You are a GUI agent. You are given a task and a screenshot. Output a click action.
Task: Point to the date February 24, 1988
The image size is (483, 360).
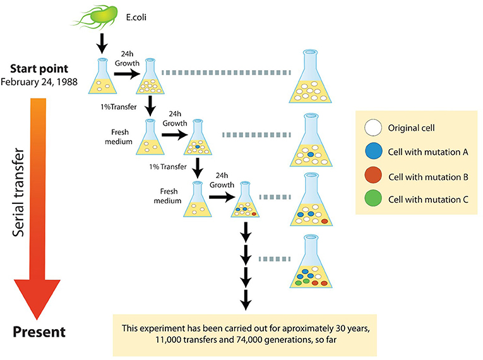(x=39, y=81)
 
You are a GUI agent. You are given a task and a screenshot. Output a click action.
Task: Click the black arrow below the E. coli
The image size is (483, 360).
(x=102, y=45)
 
